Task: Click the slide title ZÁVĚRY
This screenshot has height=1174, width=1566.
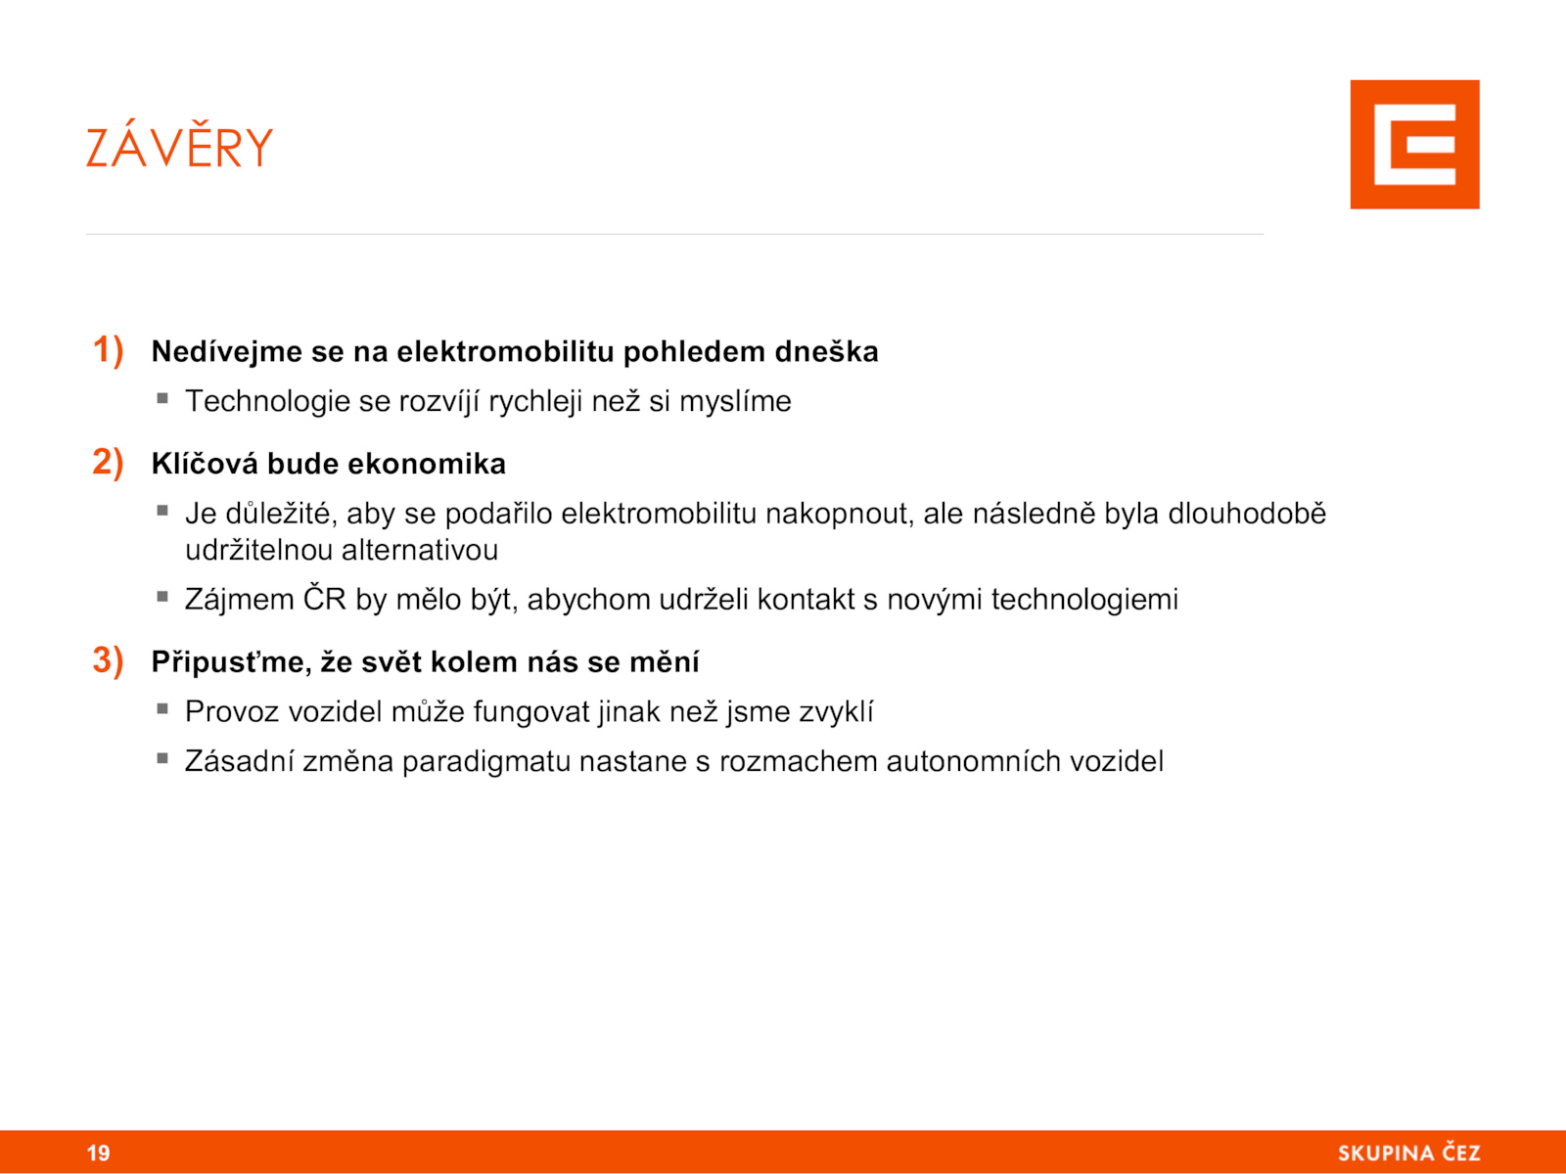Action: pyautogui.click(x=179, y=146)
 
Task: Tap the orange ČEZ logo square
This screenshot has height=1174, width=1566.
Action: pyautogui.click(x=1414, y=145)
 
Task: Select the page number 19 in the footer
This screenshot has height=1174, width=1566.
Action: pyautogui.click(x=99, y=1152)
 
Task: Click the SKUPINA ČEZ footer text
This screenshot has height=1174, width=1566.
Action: pyautogui.click(x=1408, y=1151)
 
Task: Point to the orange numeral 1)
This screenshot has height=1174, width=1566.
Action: pyautogui.click(x=108, y=350)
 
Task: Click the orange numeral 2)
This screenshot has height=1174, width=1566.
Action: pyautogui.click(x=108, y=463)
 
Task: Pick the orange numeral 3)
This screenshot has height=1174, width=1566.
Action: pyautogui.click(x=108, y=660)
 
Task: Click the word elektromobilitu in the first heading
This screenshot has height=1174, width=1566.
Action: pyautogui.click(x=505, y=351)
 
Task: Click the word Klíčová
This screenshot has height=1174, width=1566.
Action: pyautogui.click(x=205, y=464)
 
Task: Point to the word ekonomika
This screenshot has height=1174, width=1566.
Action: pyautogui.click(x=426, y=464)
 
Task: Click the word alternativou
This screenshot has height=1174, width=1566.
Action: pyautogui.click(x=420, y=550)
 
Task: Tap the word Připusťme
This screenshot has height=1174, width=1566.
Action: pyautogui.click(x=231, y=662)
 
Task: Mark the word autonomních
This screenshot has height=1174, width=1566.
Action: pyautogui.click(x=979, y=762)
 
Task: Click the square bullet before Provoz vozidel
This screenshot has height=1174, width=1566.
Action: pyautogui.click(x=162, y=708)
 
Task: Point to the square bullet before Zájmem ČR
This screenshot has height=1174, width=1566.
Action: pyautogui.click(x=162, y=596)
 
